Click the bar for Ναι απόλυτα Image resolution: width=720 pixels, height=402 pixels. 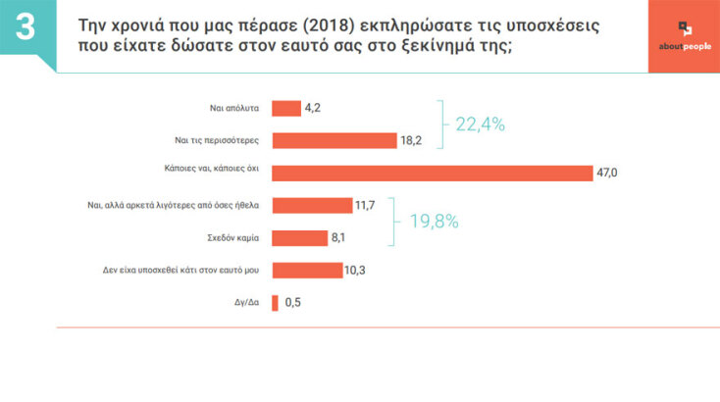(x=285, y=109)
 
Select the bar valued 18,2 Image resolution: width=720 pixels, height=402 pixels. (x=334, y=141)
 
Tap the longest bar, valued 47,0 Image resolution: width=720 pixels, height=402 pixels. (x=432, y=174)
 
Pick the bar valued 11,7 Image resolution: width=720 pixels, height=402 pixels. (x=311, y=205)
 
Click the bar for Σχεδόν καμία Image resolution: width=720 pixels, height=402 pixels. (x=299, y=237)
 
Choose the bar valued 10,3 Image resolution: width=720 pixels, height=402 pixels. (x=306, y=270)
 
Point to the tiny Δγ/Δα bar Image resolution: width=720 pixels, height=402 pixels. (x=275, y=302)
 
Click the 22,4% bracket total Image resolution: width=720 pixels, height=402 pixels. (x=480, y=124)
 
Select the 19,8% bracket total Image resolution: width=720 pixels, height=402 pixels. (x=433, y=221)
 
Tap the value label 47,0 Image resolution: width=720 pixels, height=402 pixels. (x=608, y=174)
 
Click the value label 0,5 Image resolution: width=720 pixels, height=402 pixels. (x=292, y=302)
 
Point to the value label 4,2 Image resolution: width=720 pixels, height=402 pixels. (x=314, y=109)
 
